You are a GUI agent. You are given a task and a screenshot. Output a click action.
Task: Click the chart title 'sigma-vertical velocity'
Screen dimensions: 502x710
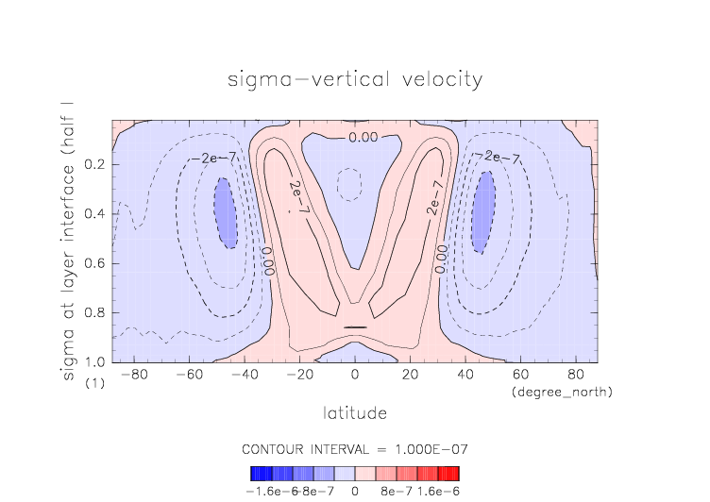click(x=355, y=78)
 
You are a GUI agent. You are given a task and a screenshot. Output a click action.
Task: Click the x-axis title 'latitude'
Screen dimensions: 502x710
click(x=355, y=413)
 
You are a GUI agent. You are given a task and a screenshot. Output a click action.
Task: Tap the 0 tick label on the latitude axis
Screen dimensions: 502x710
click(x=355, y=375)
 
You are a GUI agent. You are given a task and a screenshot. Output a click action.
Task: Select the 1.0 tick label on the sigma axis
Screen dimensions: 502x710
click(x=94, y=362)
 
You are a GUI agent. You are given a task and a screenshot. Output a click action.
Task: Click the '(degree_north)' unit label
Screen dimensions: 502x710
click(x=561, y=391)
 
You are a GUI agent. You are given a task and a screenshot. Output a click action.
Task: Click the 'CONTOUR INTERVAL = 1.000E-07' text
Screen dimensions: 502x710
click(x=355, y=448)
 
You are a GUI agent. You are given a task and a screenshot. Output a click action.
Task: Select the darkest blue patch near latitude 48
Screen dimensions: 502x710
click(x=484, y=211)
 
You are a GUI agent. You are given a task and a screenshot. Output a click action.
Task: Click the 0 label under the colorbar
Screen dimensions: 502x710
click(x=355, y=491)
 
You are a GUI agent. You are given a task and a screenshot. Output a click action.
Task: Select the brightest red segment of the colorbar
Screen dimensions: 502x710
click(x=454, y=474)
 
